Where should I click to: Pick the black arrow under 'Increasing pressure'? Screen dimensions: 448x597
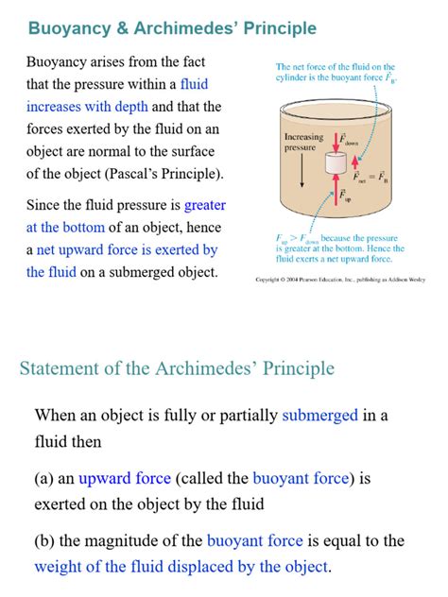tap(302, 170)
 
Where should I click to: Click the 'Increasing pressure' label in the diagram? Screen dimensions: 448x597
tap(303, 143)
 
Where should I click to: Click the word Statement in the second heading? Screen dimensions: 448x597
tap(59, 367)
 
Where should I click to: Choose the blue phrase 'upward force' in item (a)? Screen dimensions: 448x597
tap(125, 478)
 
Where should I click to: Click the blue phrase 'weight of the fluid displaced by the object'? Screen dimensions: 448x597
tap(181, 567)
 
